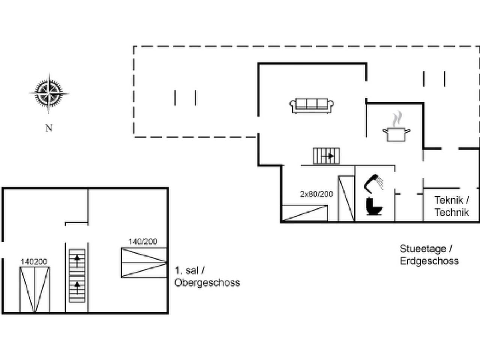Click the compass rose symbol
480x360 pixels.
(x=49, y=93)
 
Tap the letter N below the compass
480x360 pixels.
(x=49, y=128)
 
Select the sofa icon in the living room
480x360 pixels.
(x=312, y=106)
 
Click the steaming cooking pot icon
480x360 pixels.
(x=396, y=126)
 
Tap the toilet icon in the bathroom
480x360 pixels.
(x=374, y=206)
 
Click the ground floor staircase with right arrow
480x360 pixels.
(x=327, y=156)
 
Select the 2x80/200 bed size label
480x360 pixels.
(x=316, y=194)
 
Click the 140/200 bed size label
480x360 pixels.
(x=142, y=241)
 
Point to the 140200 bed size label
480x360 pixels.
(x=34, y=262)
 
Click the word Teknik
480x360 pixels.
(x=449, y=200)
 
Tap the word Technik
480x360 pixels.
(x=451, y=213)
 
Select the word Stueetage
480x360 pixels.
(x=423, y=249)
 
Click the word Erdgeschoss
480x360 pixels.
(x=429, y=261)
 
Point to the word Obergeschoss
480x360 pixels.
(x=207, y=283)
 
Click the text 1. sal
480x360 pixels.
(x=187, y=271)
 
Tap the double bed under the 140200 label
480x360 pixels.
(x=35, y=289)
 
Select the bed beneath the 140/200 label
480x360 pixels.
(x=144, y=262)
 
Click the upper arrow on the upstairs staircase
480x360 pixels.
(x=77, y=261)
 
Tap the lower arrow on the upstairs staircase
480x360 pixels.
(x=77, y=288)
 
